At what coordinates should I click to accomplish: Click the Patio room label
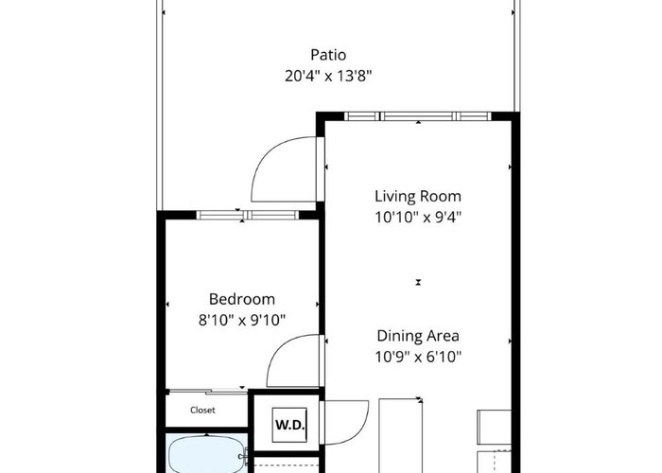[328, 55]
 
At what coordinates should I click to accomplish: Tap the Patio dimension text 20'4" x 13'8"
[328, 76]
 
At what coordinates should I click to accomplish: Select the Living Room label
[418, 197]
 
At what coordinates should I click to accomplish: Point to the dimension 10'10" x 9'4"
[418, 218]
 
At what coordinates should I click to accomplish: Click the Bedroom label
[242, 299]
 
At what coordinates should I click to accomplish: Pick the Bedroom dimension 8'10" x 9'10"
[242, 320]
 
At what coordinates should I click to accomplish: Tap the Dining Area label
[418, 336]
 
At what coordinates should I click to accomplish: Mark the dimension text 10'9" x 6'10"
[418, 357]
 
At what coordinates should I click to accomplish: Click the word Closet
[202, 410]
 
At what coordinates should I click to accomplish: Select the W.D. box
[289, 425]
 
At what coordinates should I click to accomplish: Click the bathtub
[206, 455]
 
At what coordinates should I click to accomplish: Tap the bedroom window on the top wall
[248, 215]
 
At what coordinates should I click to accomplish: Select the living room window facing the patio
[418, 116]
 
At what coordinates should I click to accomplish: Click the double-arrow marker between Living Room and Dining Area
[418, 282]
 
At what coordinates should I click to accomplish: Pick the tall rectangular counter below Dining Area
[401, 436]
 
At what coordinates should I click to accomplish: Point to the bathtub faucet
[243, 456]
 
